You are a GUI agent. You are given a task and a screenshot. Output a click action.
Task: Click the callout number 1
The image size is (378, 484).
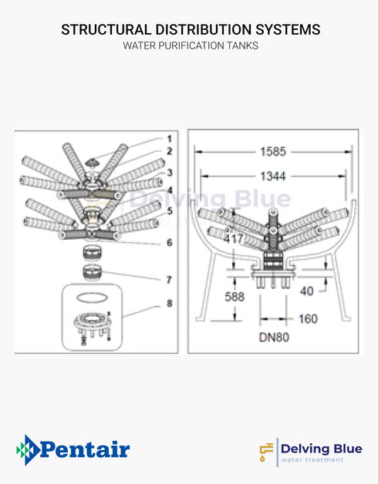pos(169,139)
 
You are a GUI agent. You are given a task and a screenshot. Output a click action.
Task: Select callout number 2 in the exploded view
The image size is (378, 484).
pos(169,152)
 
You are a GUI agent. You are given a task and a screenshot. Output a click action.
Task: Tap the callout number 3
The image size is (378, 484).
pos(169,173)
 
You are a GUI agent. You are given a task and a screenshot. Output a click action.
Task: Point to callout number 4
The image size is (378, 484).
pos(169,190)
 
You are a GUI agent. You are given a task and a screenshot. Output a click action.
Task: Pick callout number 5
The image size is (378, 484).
pos(169,209)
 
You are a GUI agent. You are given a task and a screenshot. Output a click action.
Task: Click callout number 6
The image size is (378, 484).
pos(169,243)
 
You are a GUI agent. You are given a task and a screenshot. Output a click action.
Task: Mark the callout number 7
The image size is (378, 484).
pos(169,279)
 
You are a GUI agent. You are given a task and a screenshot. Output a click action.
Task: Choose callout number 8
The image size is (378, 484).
pos(169,304)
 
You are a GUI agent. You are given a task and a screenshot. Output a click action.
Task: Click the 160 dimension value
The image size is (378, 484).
pos(308,318)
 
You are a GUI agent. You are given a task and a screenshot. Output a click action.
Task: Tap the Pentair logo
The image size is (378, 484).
pos(73,449)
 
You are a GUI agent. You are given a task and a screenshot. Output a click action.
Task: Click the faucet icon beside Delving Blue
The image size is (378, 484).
pos(267,451)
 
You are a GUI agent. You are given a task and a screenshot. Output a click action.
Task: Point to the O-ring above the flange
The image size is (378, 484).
pos(91,297)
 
